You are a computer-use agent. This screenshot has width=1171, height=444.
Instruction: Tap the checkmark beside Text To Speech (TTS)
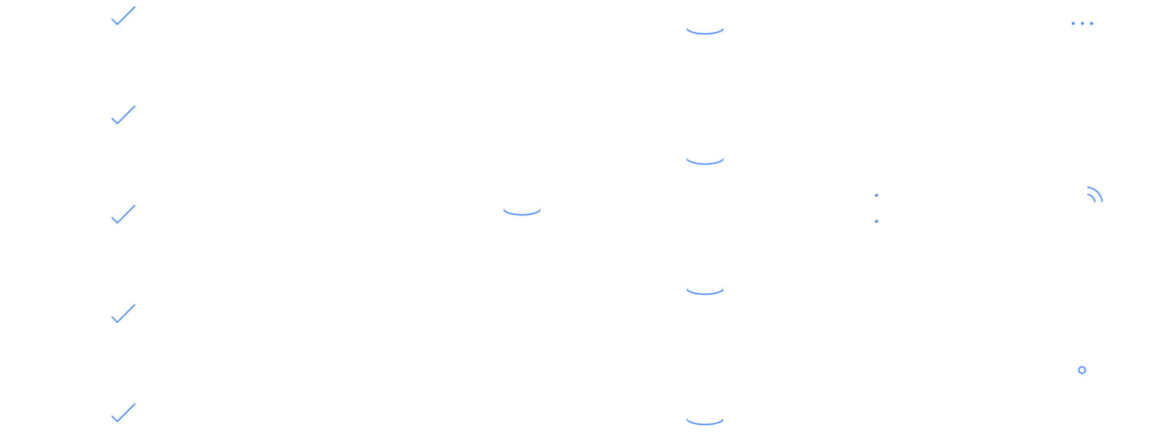[x=118, y=20]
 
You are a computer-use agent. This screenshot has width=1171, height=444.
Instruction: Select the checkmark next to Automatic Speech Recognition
[x=118, y=120]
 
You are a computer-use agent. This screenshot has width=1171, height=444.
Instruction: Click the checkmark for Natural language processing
[x=118, y=220]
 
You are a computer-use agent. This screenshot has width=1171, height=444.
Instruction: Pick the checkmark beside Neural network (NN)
[x=118, y=319]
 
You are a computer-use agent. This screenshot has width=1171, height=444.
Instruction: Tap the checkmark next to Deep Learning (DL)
[x=118, y=418]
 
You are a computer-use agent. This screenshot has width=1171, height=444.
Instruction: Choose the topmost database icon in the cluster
[x=705, y=27]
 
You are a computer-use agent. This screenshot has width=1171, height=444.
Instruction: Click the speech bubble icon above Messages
[x=1082, y=26]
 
